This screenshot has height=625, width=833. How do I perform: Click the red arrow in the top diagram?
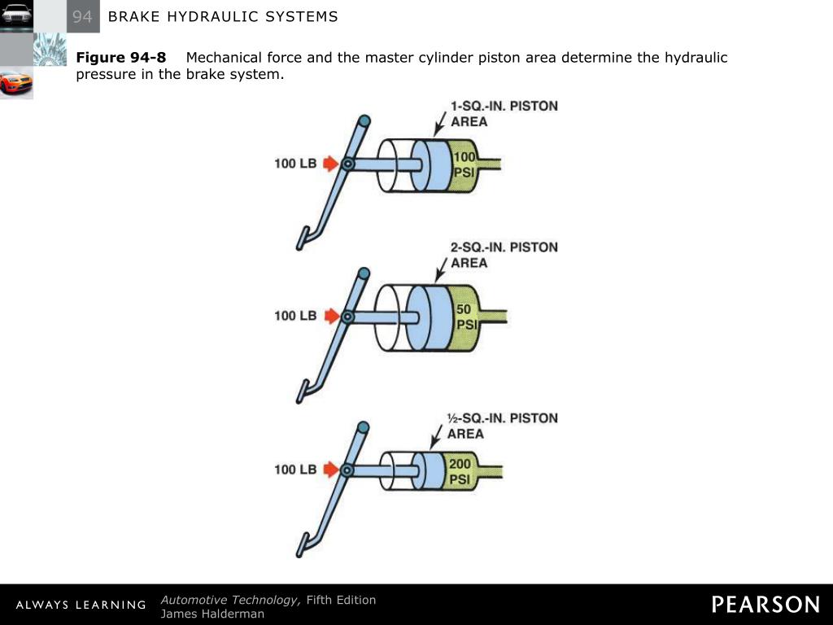[x=329, y=164]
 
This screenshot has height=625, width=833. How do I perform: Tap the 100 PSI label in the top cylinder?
[x=464, y=164]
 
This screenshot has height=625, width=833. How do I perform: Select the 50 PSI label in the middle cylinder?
[x=464, y=317]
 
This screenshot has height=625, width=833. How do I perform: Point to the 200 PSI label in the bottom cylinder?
[x=460, y=471]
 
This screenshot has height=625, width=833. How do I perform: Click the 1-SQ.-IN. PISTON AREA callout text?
[x=504, y=114]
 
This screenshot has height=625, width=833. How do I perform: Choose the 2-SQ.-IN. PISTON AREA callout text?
[x=504, y=255]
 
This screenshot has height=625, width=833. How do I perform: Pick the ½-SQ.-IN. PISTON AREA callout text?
[x=502, y=426]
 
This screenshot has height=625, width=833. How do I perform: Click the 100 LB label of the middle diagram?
[x=295, y=316]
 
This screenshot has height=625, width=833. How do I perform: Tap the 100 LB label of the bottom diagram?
[x=295, y=470]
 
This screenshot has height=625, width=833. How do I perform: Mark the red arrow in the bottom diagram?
[x=329, y=470]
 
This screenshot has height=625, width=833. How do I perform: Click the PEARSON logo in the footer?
[x=765, y=605]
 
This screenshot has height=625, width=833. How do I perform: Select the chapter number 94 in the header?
[x=82, y=16]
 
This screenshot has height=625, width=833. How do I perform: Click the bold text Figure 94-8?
[x=121, y=58]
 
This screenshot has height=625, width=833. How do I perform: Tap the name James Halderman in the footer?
[x=212, y=614]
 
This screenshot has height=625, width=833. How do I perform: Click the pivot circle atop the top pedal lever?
[x=364, y=120]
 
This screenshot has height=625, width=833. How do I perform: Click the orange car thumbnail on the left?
[x=16, y=83]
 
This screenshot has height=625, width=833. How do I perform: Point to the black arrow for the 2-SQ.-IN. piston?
[x=441, y=268]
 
